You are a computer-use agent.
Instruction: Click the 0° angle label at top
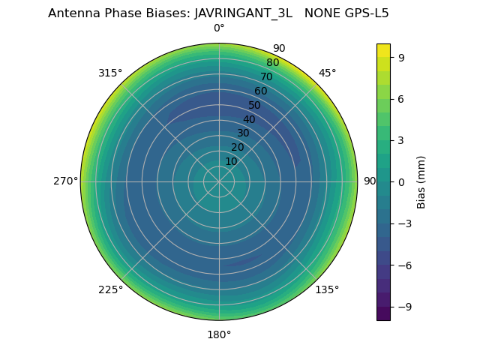tap(219, 28)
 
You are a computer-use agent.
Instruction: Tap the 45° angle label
tap(328, 73)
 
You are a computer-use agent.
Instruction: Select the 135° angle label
tap(327, 290)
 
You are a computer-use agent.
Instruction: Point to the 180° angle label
tap(219, 334)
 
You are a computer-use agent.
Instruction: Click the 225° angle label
tap(110, 290)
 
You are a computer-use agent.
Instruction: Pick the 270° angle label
tap(66, 181)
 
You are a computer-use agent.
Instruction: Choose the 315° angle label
tap(110, 73)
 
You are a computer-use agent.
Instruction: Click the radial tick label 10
tap(231, 161)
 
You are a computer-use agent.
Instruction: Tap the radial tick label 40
tap(249, 119)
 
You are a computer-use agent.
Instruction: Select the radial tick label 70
tap(266, 77)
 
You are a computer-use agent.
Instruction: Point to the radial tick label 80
tap(272, 63)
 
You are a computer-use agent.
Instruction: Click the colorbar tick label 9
tap(402, 56)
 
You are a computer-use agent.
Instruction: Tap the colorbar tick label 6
tap(402, 98)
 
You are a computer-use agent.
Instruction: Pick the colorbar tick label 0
tap(402, 181)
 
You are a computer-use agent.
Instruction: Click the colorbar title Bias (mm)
tap(421, 181)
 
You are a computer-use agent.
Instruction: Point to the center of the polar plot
tap(219, 181)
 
